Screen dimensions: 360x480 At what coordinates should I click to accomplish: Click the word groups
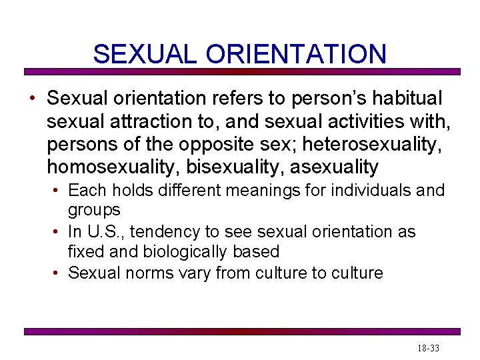(x=94, y=210)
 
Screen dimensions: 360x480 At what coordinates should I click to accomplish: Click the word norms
(x=146, y=273)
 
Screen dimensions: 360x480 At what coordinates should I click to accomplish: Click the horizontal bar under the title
(x=242, y=71)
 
